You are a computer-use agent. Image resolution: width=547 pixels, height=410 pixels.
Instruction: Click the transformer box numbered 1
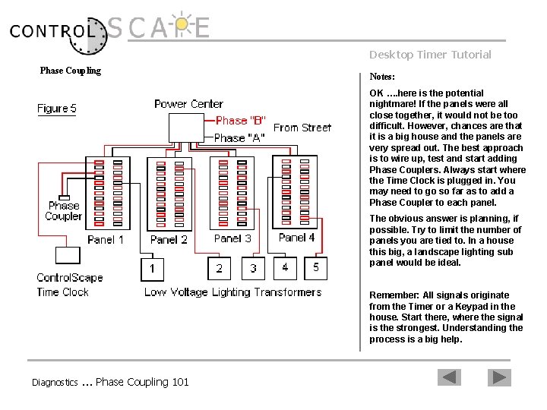click(x=153, y=268)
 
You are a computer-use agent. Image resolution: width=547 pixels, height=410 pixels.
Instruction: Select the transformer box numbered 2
click(x=220, y=268)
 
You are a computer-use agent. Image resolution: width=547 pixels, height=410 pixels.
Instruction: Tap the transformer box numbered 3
click(x=253, y=268)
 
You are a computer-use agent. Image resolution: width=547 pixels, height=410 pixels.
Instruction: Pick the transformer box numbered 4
click(x=285, y=267)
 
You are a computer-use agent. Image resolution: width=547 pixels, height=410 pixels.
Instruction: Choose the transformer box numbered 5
click(x=316, y=267)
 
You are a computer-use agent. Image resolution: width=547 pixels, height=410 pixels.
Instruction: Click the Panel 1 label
click(x=106, y=240)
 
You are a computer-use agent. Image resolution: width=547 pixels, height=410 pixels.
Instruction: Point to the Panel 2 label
click(x=169, y=240)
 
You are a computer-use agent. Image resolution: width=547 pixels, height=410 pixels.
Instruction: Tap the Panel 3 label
click(x=232, y=238)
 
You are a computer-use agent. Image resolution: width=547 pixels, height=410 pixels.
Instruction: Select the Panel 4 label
click(x=296, y=238)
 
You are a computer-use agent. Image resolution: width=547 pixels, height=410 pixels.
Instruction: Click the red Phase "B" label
click(x=240, y=121)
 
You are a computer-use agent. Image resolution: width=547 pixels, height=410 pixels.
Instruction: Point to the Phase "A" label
click(x=240, y=137)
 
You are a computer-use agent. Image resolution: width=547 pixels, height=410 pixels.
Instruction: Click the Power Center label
click(x=188, y=104)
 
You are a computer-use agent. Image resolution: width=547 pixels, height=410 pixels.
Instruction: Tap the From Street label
click(x=302, y=128)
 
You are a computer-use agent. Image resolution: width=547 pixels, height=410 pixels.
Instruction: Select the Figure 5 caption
click(x=57, y=109)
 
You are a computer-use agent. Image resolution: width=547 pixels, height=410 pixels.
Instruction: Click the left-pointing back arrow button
click(x=450, y=377)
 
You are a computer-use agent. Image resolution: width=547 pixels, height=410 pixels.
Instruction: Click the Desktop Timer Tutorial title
click(x=430, y=55)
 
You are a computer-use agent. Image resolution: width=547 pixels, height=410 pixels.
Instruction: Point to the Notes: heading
click(x=381, y=77)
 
